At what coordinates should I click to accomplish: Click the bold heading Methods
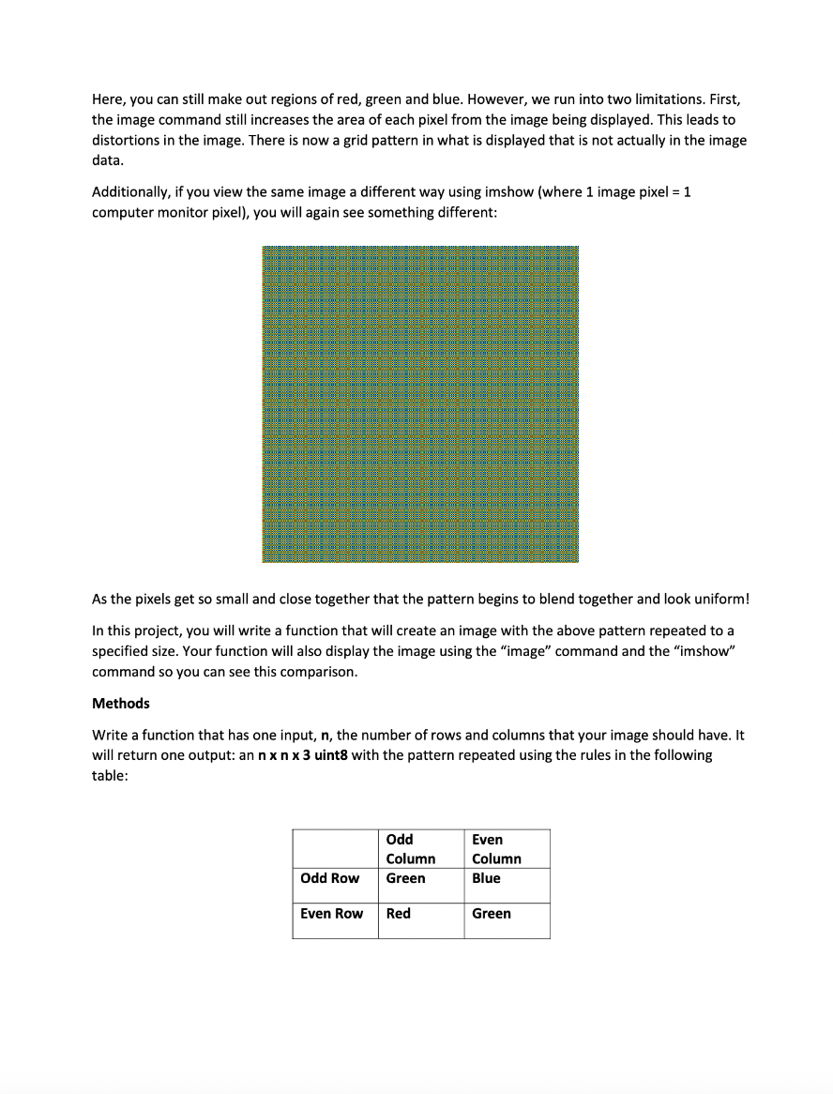click(x=121, y=704)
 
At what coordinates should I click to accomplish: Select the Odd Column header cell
click(x=410, y=849)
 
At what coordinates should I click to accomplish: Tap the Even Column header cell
click(x=496, y=849)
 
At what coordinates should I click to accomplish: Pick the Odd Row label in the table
click(x=329, y=878)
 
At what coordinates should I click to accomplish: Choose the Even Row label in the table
click(x=331, y=914)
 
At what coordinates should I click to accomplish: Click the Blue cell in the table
click(x=486, y=878)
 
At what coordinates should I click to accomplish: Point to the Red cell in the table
click(x=399, y=914)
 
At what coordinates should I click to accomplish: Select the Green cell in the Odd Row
click(x=405, y=878)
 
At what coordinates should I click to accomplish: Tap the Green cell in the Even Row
click(x=492, y=914)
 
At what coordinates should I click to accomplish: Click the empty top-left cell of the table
click(x=335, y=848)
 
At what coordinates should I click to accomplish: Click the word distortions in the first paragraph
click(x=127, y=141)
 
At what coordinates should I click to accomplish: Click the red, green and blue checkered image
click(x=420, y=404)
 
